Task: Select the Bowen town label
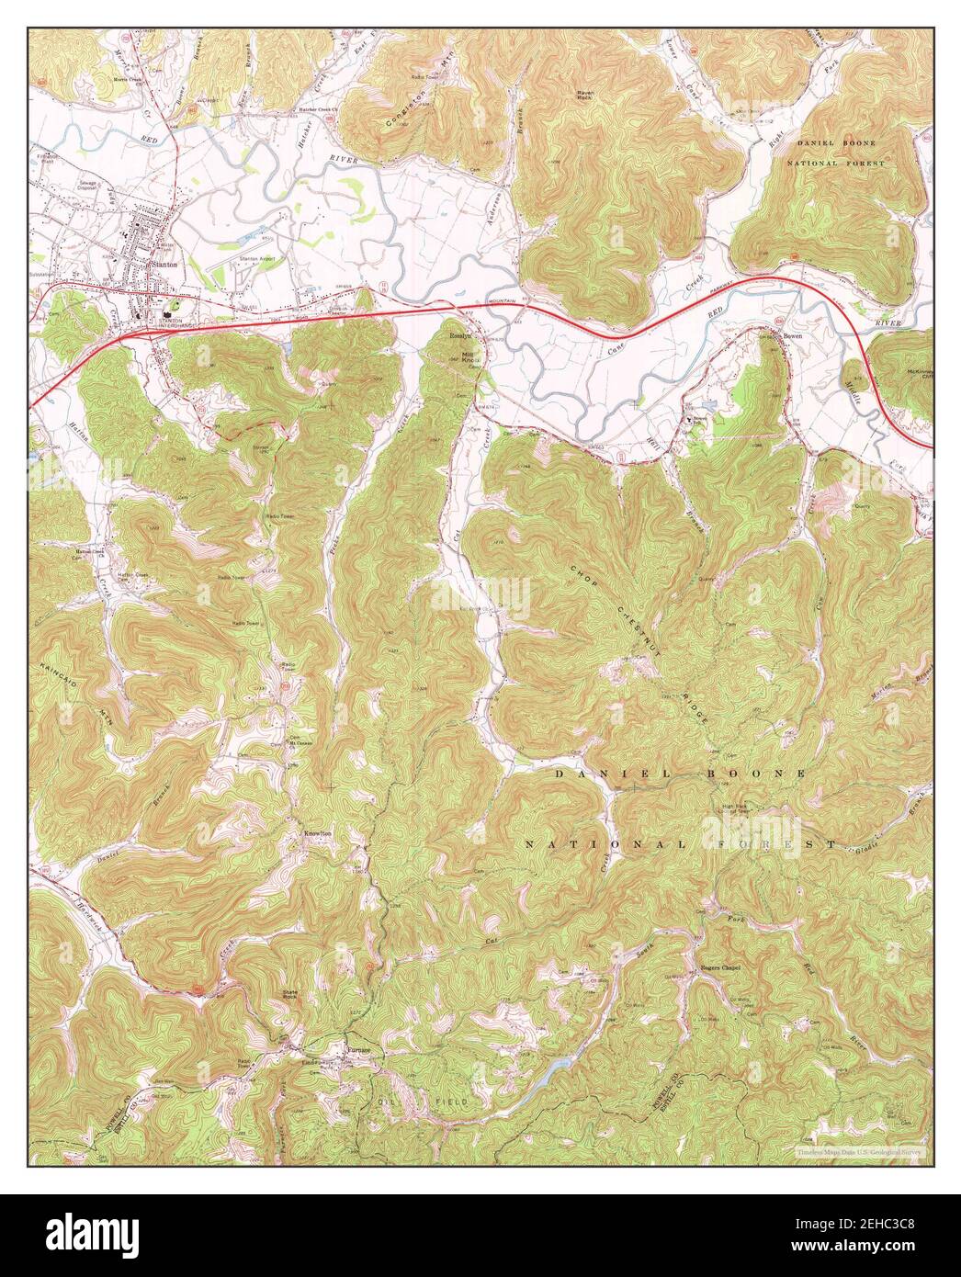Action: point(794,336)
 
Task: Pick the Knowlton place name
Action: point(317,833)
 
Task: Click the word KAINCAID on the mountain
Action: point(47,680)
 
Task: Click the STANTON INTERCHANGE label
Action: point(174,322)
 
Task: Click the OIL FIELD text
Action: point(422,1101)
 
